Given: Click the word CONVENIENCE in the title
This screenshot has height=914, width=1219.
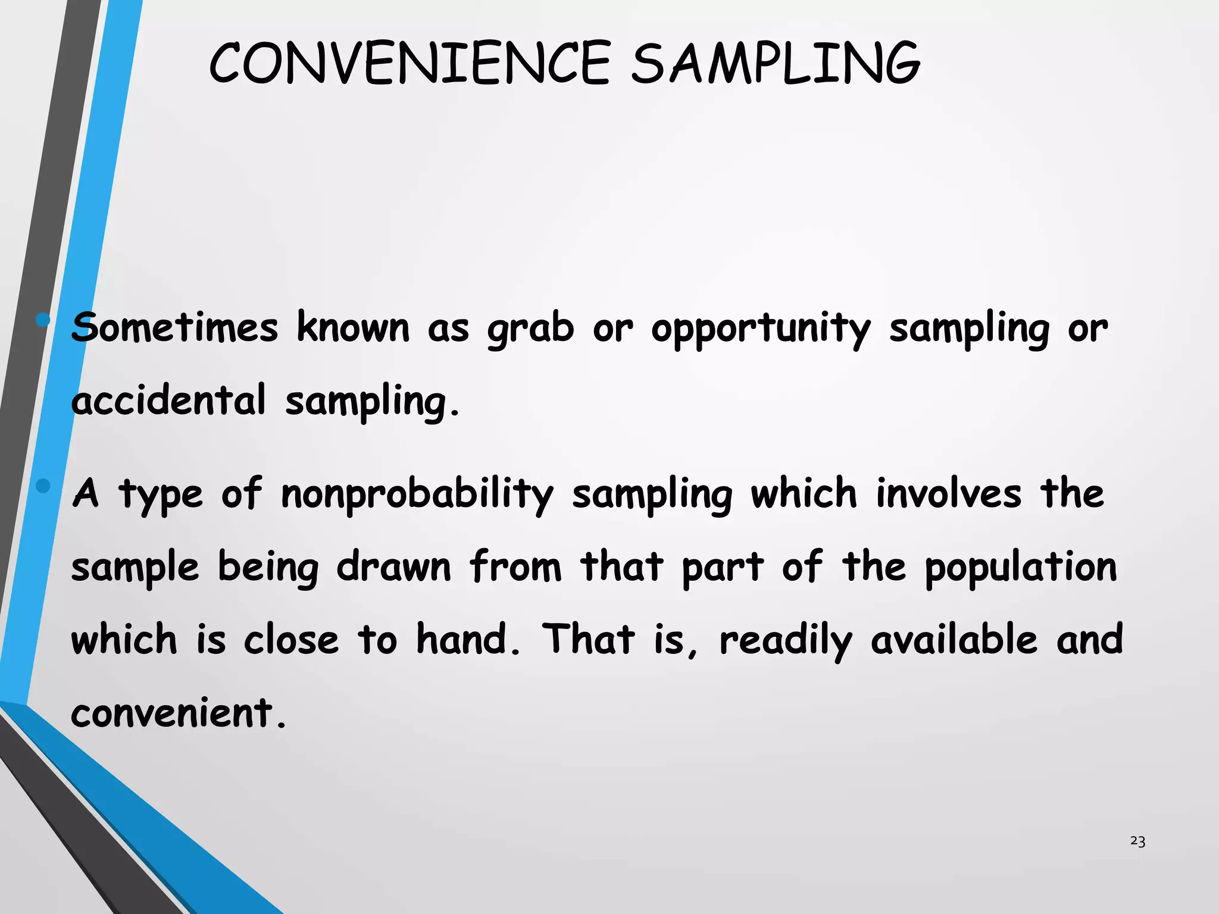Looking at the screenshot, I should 410,63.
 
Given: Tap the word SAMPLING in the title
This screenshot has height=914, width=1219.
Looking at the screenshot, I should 776,63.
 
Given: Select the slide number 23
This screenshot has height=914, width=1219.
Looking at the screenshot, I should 1137,841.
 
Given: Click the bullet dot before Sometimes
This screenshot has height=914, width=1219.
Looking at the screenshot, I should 43,321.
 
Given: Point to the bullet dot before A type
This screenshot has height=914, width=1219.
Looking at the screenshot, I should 43,486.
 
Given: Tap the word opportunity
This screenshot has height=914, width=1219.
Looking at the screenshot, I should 761,329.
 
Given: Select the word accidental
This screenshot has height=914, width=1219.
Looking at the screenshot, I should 168,400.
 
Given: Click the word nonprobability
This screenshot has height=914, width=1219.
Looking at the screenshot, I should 417,494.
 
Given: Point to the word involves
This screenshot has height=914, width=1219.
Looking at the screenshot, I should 948,493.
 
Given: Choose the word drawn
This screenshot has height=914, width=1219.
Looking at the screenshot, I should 393,566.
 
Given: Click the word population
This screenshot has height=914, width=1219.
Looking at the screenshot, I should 1021,568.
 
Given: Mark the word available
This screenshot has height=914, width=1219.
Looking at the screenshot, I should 955,639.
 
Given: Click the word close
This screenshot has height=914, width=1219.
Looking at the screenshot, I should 291,639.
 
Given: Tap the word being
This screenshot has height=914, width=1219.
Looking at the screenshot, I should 268,568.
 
